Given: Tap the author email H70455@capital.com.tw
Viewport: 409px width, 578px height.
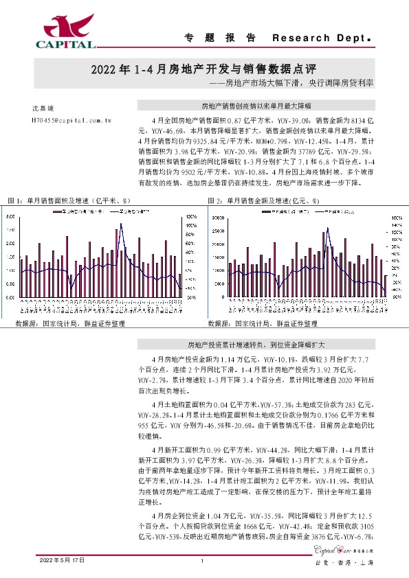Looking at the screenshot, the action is (72, 119).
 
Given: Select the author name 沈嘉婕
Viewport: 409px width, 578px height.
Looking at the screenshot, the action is (43, 108).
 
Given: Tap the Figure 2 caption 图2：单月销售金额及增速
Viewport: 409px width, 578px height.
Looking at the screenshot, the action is (264, 200).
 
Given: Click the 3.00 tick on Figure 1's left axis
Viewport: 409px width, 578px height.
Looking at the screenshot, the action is (10, 216).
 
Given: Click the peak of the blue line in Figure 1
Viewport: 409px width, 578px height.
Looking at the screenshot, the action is (121, 224).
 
